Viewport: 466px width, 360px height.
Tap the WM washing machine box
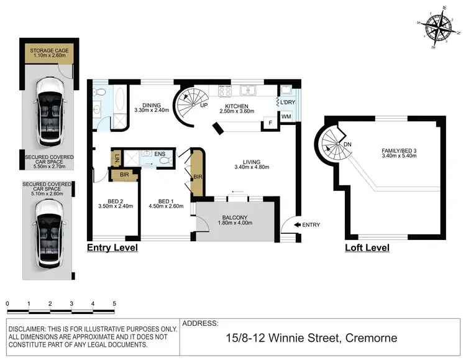point(286,117)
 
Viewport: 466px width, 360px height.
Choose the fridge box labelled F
point(270,123)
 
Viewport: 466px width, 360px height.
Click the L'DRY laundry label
point(287,102)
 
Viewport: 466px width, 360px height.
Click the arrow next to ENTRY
point(297,224)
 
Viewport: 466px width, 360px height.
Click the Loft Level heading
point(367,247)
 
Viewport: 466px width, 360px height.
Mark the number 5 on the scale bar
point(114,304)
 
